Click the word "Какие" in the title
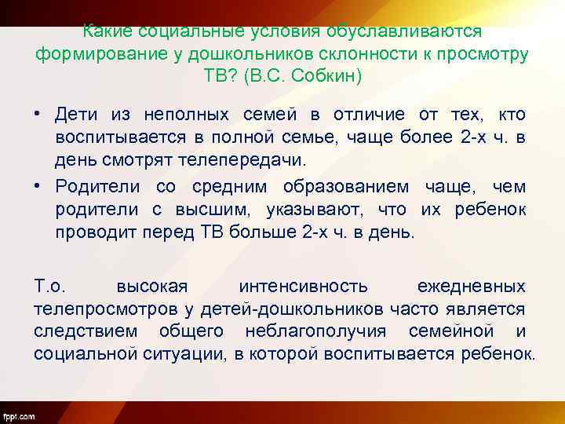[x=108, y=32]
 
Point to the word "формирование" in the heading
[x=87, y=55]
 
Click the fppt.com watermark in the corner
[x=18, y=414]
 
